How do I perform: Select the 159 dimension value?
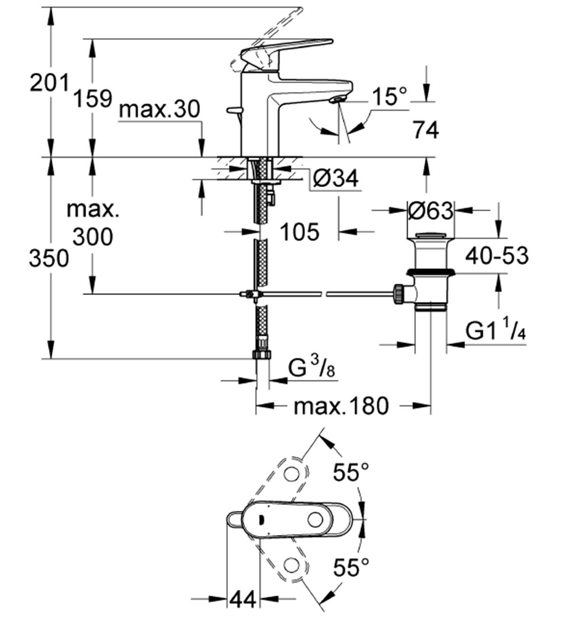[93, 98]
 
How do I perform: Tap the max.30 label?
[160, 110]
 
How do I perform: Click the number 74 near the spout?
[425, 130]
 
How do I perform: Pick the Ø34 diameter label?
[335, 178]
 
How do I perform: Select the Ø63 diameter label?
[430, 210]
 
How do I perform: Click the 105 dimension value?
[299, 231]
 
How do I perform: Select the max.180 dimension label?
[341, 406]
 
